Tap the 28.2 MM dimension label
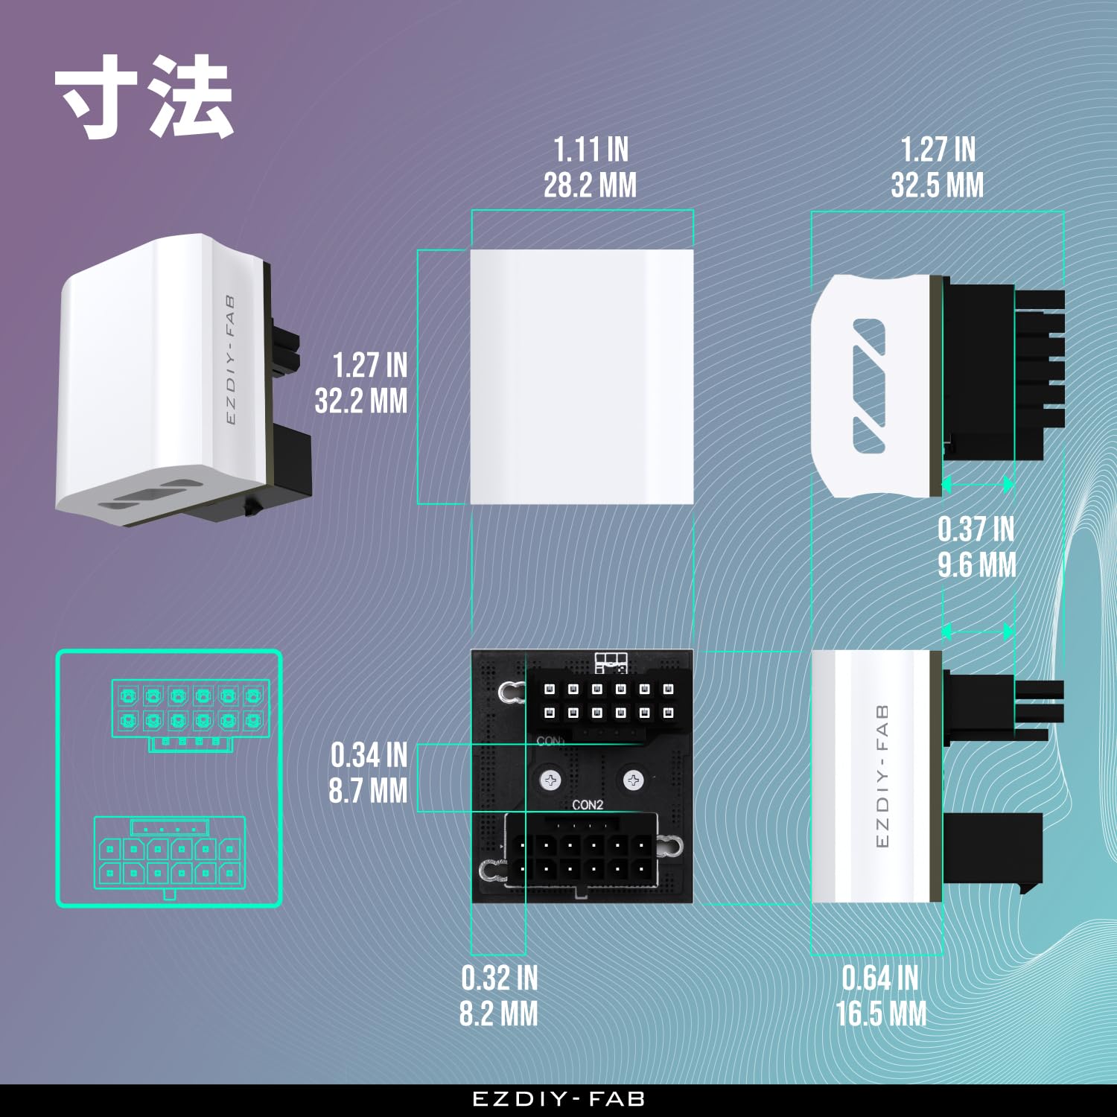click(590, 185)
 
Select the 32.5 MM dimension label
click(937, 185)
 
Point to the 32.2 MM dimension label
click(361, 401)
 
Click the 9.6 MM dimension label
click(977, 564)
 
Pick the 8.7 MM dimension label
click(368, 791)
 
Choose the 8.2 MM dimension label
click(498, 1013)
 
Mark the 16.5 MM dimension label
click(881, 1013)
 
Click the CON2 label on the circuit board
click(588, 805)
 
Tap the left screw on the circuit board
click(551, 780)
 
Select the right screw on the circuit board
click(633, 780)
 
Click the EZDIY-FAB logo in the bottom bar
click(558, 1099)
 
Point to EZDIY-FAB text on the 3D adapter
click(230, 360)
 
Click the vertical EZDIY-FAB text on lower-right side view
click(882, 775)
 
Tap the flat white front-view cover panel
click(582, 377)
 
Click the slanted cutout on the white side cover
click(869, 386)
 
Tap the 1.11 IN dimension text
click(591, 150)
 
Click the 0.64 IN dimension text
click(880, 978)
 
